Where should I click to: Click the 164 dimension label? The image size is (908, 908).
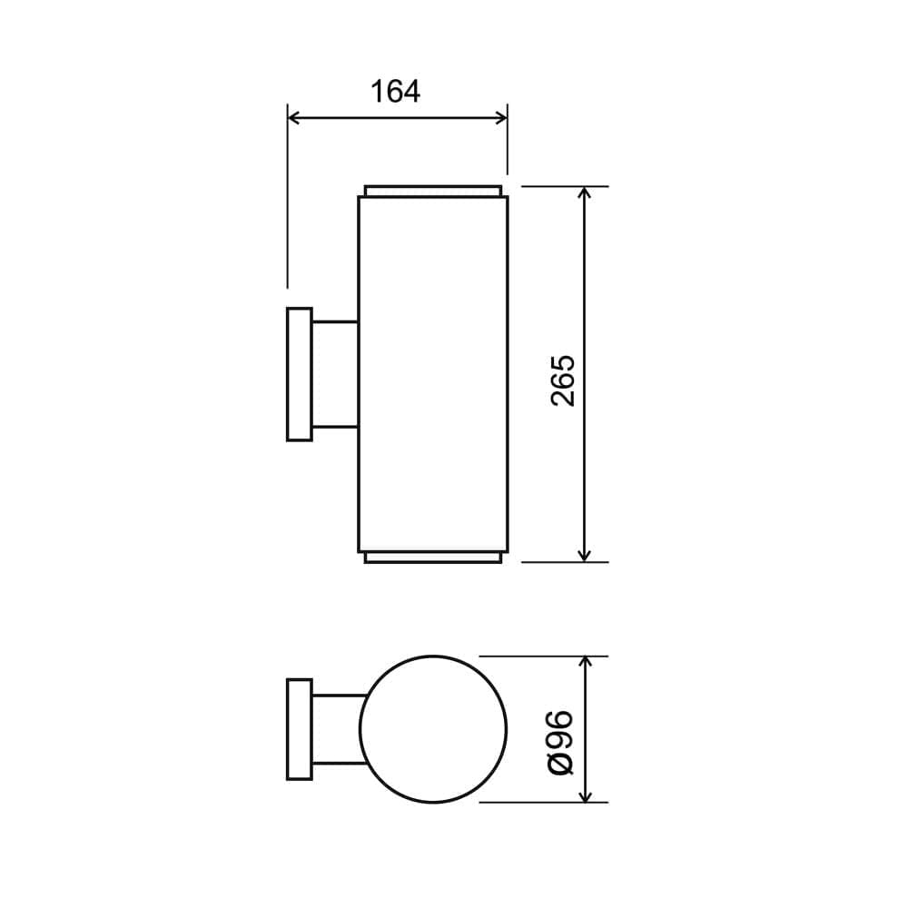395,92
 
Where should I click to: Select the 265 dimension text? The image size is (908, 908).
564,380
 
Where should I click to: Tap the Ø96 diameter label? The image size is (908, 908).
562,742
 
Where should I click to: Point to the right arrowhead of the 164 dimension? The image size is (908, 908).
500,117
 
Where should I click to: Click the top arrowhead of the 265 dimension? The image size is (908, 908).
585,193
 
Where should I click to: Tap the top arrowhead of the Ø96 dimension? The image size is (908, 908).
586,663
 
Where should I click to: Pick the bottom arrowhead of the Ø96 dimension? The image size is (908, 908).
586,795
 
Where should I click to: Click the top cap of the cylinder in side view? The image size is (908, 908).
433,192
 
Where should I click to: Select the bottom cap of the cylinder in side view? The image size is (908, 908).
433,557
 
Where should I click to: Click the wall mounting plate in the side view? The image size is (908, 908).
300,374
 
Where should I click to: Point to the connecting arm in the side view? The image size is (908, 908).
335,374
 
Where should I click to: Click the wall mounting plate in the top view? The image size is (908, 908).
300,729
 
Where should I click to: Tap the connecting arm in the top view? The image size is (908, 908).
337,729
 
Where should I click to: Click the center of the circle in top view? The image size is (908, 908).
433,729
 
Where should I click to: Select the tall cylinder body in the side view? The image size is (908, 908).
433,374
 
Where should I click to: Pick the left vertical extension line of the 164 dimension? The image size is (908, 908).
288,200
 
